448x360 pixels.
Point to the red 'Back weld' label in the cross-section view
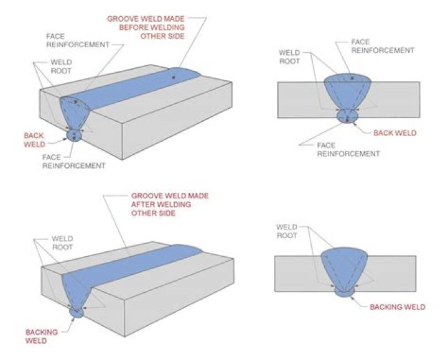coord(394,133)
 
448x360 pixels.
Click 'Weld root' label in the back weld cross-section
coord(290,57)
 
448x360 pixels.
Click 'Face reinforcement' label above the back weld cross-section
coord(374,47)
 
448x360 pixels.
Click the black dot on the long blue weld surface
coord(174,76)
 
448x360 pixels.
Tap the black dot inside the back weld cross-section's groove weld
coord(352,78)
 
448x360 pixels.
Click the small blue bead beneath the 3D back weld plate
coord(75,135)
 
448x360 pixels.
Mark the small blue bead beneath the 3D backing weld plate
coord(77,313)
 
